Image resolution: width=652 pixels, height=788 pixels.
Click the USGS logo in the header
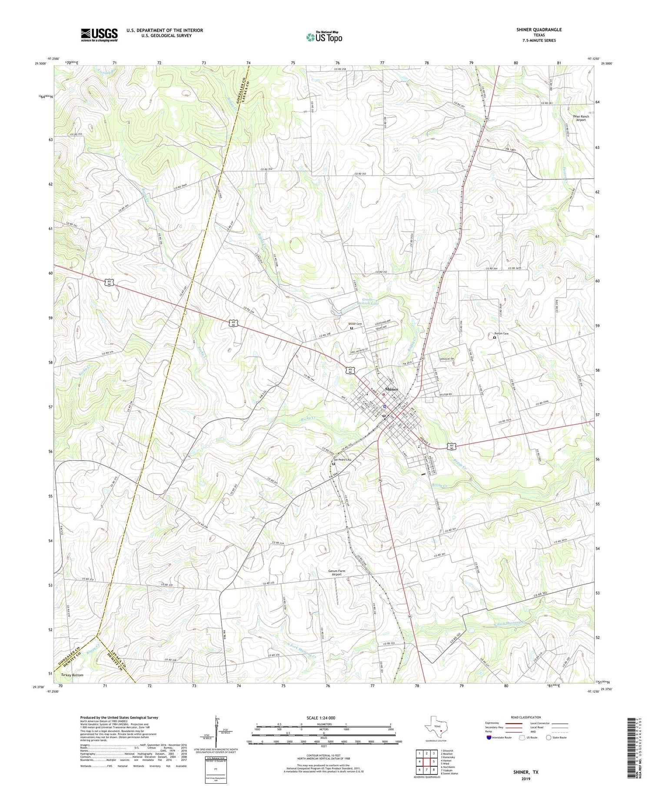(x=99, y=35)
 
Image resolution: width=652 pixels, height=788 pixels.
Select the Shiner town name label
(x=392, y=389)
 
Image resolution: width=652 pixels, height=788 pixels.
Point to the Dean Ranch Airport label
(x=581, y=118)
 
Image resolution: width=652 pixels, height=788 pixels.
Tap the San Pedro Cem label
(x=342, y=460)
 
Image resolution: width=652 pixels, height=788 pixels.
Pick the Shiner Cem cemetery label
(x=355, y=324)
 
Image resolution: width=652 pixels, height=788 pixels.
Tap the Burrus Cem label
(x=500, y=333)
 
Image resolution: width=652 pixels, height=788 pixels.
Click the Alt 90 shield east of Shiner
(x=452, y=446)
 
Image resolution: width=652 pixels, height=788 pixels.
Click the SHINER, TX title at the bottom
(x=526, y=772)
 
